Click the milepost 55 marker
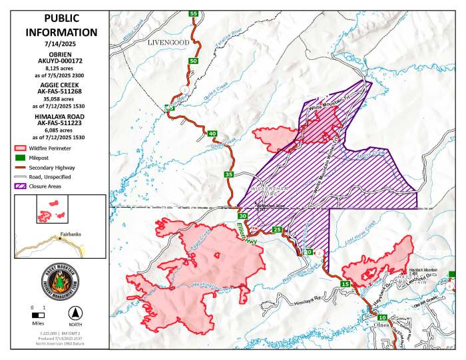click(x=194, y=13)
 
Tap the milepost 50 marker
click(x=193, y=61)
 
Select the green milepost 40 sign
click(x=212, y=134)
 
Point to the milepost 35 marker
click(x=229, y=174)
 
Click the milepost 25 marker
click(x=277, y=230)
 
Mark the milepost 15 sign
click(x=345, y=284)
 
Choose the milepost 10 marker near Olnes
click(x=372, y=317)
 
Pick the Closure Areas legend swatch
click(x=21, y=187)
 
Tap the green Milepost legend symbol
click(x=21, y=158)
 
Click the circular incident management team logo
click(x=61, y=281)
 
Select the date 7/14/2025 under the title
click(x=61, y=44)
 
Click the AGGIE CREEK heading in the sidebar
click(x=61, y=87)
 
